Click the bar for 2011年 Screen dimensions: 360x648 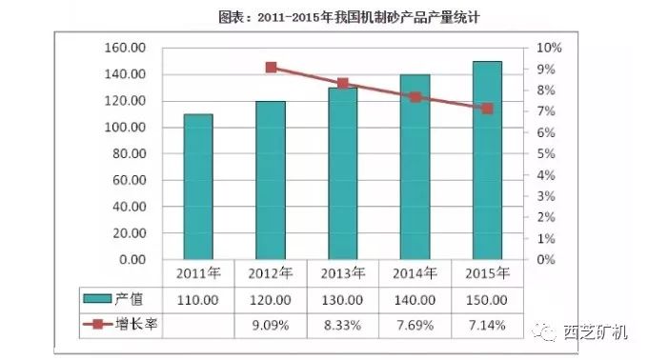pyautogui.click(x=198, y=187)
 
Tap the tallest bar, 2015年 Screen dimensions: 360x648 pyautogui.click(x=487, y=160)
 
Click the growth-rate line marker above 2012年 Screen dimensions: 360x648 pyautogui.click(x=272, y=68)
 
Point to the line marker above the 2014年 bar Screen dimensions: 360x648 pyautogui.click(x=415, y=97)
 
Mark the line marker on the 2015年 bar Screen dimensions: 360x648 pyautogui.click(x=487, y=109)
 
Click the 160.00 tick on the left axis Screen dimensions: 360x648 pyautogui.click(x=125, y=48)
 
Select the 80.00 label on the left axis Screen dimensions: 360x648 pyautogui.click(x=129, y=153)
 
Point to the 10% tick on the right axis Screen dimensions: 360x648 pyautogui.click(x=549, y=48)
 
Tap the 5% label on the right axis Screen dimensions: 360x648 pyautogui.click(x=546, y=153)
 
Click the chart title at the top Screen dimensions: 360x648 pyautogui.click(x=323, y=17)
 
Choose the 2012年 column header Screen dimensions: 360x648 pyautogui.click(x=271, y=273)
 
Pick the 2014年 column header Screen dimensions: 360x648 pyautogui.click(x=415, y=273)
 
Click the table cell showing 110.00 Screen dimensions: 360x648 pyautogui.click(x=198, y=299)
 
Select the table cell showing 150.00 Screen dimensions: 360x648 pyautogui.click(x=487, y=299)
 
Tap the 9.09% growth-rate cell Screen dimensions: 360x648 pyautogui.click(x=271, y=325)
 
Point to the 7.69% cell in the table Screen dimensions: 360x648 pyautogui.click(x=415, y=325)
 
